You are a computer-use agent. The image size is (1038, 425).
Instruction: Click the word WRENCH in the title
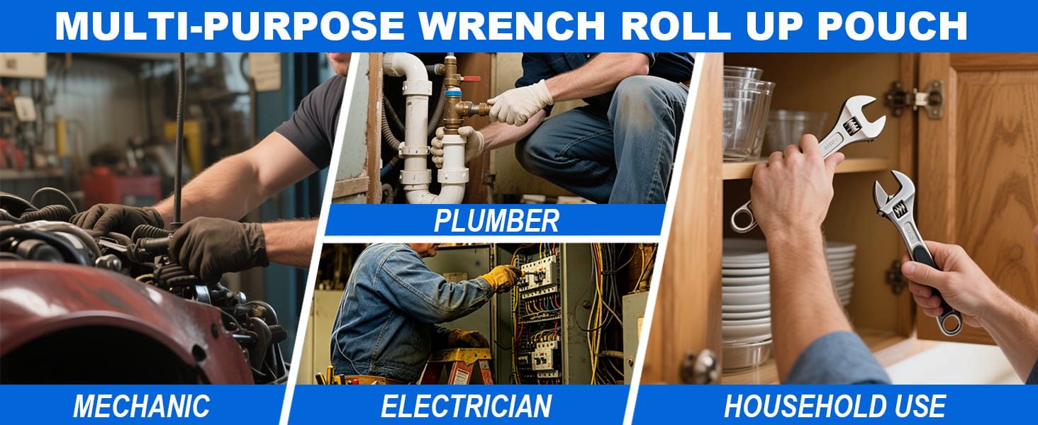click(x=512, y=26)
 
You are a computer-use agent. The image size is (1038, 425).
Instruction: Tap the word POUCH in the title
click(x=892, y=26)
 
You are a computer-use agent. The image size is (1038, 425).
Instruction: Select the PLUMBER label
click(x=496, y=221)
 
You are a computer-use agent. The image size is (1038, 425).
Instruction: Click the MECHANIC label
click(x=141, y=406)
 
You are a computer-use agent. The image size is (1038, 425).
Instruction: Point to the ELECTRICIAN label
click(x=466, y=406)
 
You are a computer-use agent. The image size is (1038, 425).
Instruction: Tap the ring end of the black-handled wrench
click(x=949, y=323)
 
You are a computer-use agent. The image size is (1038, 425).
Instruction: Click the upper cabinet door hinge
click(x=915, y=98)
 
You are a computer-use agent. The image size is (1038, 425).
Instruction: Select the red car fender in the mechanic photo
click(x=116, y=319)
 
